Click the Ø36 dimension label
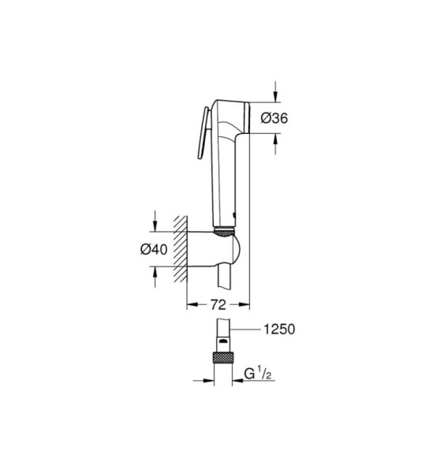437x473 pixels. coord(274,118)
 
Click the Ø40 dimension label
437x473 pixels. coord(154,249)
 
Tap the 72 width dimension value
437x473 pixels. coord(218,305)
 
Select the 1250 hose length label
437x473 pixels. coord(279,329)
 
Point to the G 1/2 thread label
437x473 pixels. coord(258,374)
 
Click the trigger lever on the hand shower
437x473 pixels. coord(203,132)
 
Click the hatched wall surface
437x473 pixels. coord(180,249)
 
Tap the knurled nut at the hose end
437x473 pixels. coord(223,357)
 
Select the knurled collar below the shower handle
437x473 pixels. coord(224,232)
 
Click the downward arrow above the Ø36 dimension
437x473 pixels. coord(275,91)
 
